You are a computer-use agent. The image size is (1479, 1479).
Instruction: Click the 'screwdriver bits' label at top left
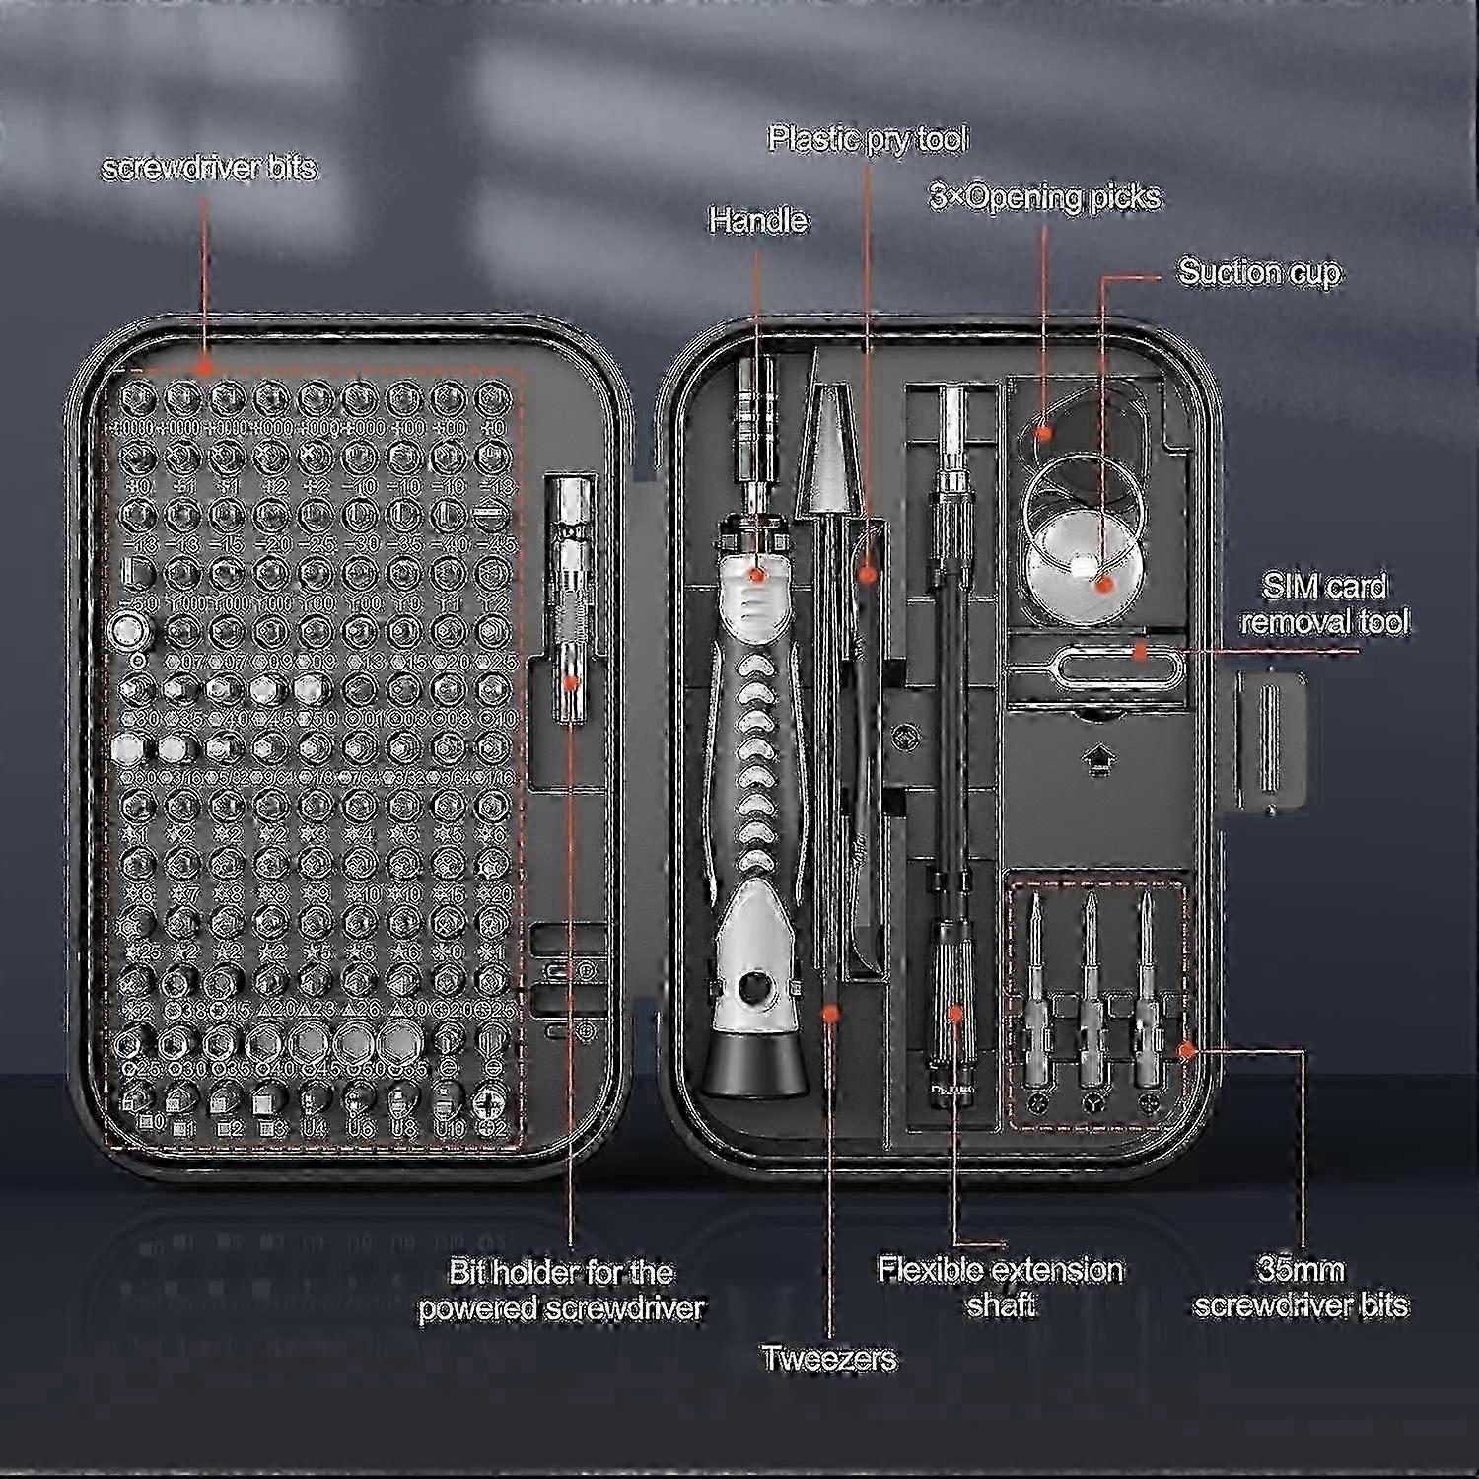209,168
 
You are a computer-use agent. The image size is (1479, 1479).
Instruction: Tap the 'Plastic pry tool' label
868,139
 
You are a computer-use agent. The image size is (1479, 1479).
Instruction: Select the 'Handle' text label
757,220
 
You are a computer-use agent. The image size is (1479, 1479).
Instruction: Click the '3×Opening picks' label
1045,197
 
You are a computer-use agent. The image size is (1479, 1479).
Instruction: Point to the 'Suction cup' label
1259,272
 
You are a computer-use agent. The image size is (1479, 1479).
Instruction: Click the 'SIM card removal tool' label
1324,604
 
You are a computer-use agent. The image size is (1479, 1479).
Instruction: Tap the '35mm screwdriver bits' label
1301,1288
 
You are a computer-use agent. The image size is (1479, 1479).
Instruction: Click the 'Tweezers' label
829,1358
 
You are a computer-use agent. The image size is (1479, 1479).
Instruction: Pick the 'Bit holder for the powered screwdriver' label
561,1290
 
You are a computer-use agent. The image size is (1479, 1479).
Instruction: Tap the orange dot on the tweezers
830,1012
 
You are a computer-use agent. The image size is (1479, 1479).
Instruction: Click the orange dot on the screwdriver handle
756,573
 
